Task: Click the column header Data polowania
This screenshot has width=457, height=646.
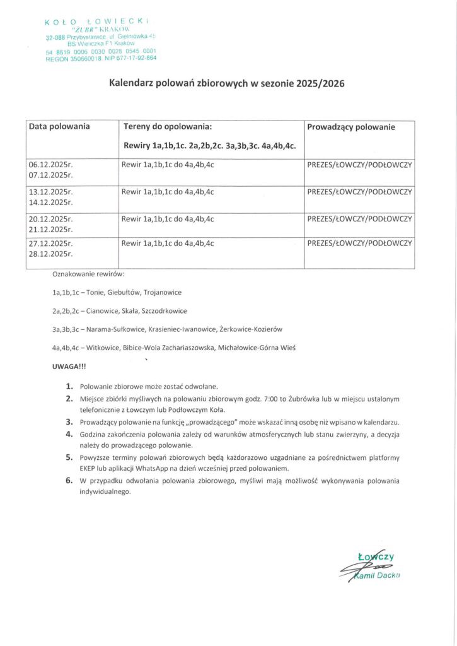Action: tap(59, 127)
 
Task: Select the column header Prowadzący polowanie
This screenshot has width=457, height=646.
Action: tap(351, 127)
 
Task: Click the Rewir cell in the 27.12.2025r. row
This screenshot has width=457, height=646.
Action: tap(168, 243)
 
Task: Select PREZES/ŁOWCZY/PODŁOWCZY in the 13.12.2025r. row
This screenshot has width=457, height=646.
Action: tap(359, 192)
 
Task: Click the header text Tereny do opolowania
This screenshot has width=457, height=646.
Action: tap(164, 127)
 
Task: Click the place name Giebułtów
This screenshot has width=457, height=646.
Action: tap(122, 293)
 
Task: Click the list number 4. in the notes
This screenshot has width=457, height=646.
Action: tap(69, 435)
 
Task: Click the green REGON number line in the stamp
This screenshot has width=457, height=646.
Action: tap(101, 58)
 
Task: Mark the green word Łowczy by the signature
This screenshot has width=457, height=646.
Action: tap(376, 556)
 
